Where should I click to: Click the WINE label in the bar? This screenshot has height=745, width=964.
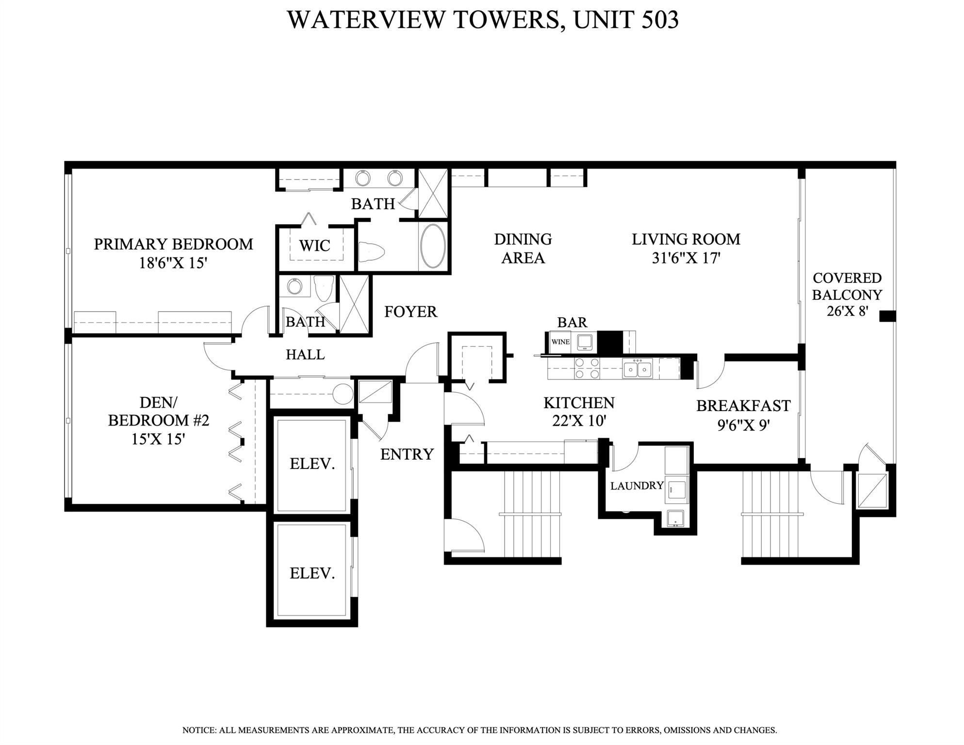[560, 342]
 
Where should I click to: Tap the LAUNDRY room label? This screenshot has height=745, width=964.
[637, 486]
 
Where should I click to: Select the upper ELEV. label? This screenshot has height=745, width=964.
[312, 464]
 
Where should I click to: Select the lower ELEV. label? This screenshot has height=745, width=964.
[312, 574]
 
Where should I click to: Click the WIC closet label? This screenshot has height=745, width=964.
[314, 246]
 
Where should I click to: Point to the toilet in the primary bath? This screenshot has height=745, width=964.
[372, 251]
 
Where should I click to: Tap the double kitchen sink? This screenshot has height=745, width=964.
[637, 368]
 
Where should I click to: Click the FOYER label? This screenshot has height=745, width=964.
[410, 312]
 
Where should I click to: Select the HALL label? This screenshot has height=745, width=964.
[305, 355]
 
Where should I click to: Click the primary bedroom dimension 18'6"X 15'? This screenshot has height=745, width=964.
[173, 263]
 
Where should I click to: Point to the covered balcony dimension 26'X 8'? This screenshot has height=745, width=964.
[847, 311]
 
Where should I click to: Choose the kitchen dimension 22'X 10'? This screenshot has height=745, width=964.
[579, 421]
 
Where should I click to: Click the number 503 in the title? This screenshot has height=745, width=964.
[659, 19]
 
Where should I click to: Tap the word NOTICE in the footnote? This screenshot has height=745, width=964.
[198, 730]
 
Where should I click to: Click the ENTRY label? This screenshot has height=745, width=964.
[407, 454]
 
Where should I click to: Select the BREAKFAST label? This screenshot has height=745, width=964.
[743, 406]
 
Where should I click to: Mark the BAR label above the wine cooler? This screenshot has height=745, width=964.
[572, 322]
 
